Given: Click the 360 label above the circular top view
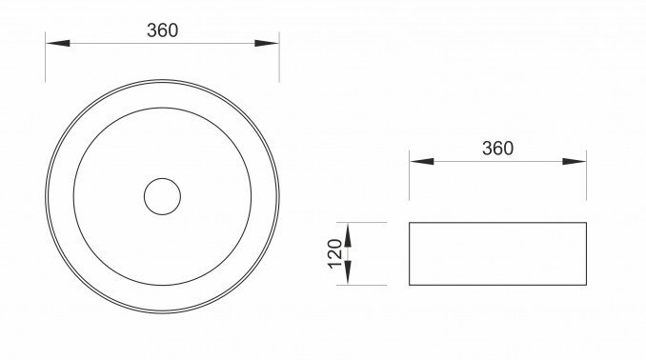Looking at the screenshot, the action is click(162, 30).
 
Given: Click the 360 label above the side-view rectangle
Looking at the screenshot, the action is click(497, 149).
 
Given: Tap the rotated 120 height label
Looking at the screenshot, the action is click(335, 253).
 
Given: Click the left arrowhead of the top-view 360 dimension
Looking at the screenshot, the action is click(58, 43).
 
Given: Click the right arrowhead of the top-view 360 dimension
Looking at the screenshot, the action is click(267, 43).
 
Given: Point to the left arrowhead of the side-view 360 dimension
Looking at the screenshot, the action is click(422, 162).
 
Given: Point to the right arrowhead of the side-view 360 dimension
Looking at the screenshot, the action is click(575, 162).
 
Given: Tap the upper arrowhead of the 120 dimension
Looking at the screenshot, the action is click(348, 235).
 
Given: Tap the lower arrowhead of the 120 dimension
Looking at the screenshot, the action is click(348, 272).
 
